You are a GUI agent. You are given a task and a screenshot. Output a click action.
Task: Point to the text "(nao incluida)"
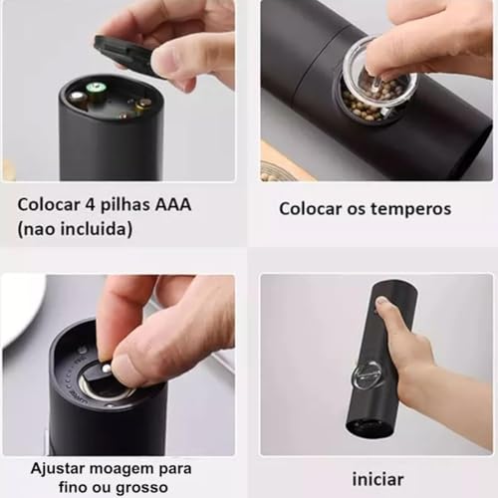pos(74,229)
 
